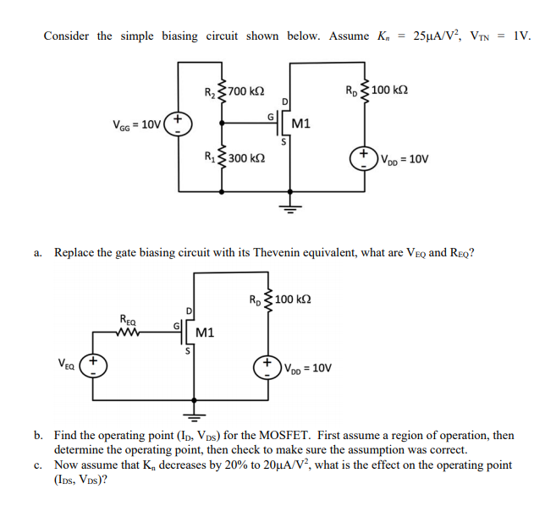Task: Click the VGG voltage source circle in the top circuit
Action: point(179,124)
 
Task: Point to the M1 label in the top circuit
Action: point(300,124)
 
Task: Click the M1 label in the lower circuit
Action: point(205,333)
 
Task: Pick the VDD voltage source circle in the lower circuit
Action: point(270,367)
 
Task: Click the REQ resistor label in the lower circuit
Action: point(128,319)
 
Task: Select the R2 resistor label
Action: point(211,91)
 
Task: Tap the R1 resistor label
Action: point(211,157)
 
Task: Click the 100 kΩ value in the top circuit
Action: point(390,90)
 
